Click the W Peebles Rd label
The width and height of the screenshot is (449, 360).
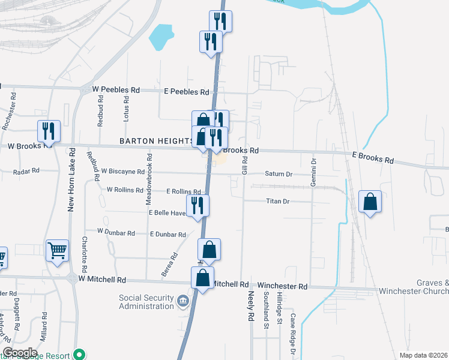115,89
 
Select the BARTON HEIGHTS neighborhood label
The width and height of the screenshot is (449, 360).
155,140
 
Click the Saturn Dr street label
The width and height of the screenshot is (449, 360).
278,174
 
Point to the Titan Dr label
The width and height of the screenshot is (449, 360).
278,202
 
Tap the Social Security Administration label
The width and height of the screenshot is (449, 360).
146,302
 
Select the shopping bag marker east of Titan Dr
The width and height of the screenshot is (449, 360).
370,202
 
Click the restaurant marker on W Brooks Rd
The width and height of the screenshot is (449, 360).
47,131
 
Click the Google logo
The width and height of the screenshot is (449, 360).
19,352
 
